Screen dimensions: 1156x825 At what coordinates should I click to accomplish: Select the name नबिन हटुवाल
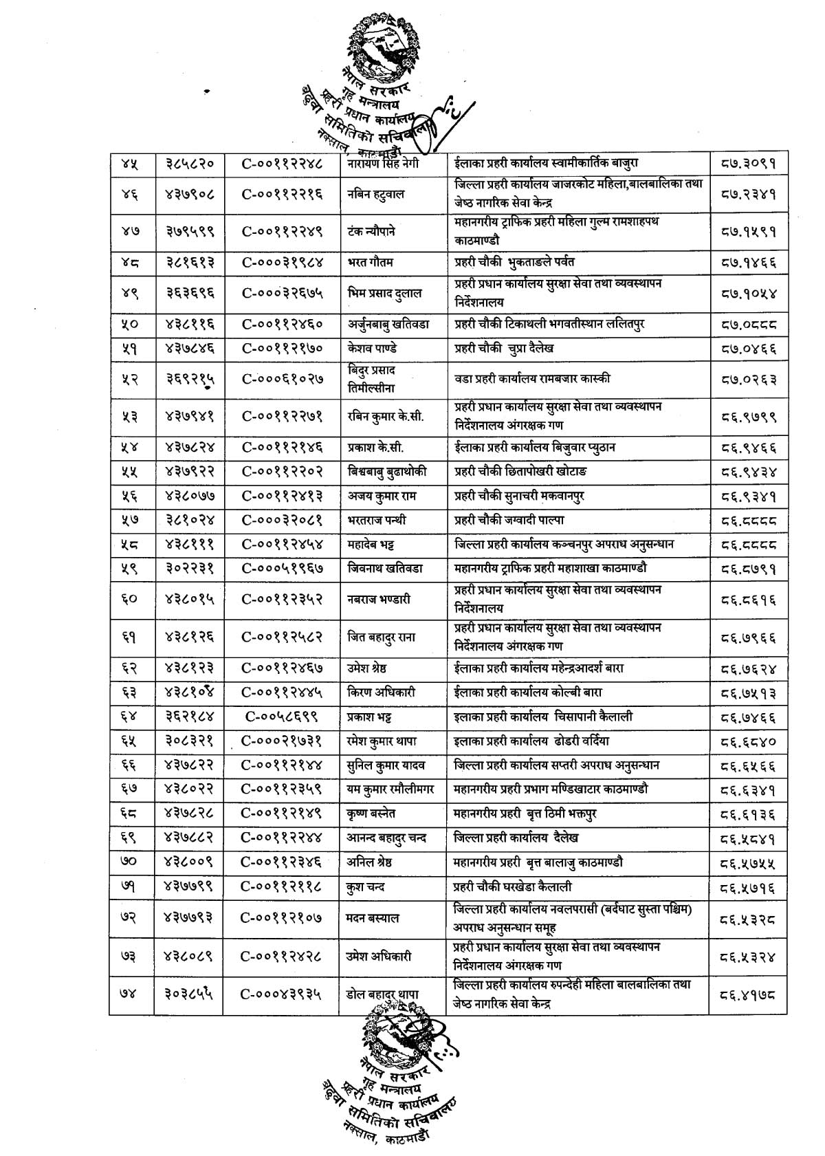coord(376,194)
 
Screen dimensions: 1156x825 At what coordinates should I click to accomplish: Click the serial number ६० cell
coord(131,599)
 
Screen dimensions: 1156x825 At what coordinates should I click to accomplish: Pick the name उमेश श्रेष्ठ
coord(370,668)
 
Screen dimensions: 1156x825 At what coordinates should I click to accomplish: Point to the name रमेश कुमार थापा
coord(382,741)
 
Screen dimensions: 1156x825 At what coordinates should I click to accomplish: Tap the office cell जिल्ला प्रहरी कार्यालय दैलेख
coord(516,838)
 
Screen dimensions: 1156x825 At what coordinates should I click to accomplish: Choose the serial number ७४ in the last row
coord(131,994)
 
